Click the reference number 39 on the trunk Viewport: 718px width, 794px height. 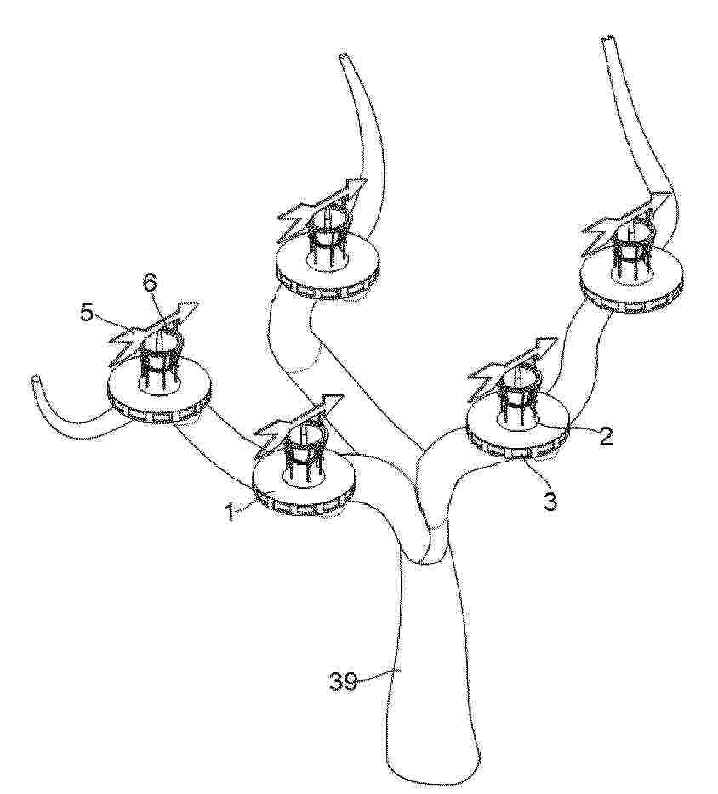pyautogui.click(x=344, y=682)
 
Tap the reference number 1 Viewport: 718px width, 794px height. pyautogui.click(x=230, y=513)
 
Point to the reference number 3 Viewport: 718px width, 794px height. pyautogui.click(x=550, y=501)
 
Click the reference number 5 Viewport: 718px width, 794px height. pyautogui.click(x=87, y=314)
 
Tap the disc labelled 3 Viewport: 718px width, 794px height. pyautogui.click(x=518, y=429)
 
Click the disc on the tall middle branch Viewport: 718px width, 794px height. pyautogui.click(x=328, y=268)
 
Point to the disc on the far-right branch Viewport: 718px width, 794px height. pyautogui.click(x=631, y=282)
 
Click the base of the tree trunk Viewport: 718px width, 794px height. pyautogui.click(x=433, y=777)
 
